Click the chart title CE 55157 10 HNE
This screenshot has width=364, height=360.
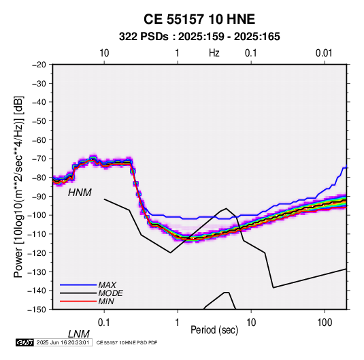tap(199, 19)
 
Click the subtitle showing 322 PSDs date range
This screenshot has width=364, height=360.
tap(199, 37)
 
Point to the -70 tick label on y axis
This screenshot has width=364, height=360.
tap(39, 159)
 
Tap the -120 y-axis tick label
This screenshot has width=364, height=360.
tap(37, 253)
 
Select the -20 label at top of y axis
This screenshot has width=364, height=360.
tap(39, 65)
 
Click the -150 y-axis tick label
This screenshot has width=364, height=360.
tap(37, 310)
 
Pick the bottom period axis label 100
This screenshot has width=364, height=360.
tap(325, 323)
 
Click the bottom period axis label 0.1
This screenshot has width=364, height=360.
tap(104, 323)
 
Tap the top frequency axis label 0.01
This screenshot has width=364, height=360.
tap(324, 53)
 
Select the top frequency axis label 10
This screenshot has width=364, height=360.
tap(104, 53)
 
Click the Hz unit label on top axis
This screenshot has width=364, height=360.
tap(214, 53)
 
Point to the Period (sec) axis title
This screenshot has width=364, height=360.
tap(214, 330)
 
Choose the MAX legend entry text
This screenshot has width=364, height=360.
tap(107, 285)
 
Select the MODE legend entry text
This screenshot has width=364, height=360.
tap(110, 293)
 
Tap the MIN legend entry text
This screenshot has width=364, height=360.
tap(106, 301)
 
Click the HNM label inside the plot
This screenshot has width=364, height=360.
tap(80, 193)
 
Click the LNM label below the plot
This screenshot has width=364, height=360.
tap(79, 334)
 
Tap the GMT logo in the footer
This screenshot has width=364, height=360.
tap(25, 342)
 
